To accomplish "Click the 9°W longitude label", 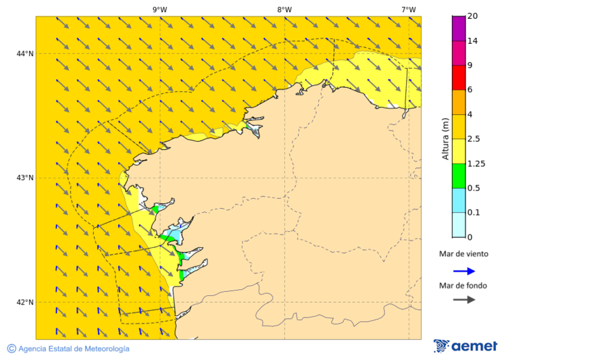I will pyautogui.click(x=159, y=9).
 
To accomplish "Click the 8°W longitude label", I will pyautogui.click(x=284, y=9).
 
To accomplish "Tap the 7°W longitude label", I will pyautogui.click(x=408, y=9).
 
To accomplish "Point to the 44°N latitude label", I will pyautogui.click(x=25, y=54).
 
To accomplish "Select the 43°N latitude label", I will pyautogui.click(x=25, y=178).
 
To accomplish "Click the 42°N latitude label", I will pyautogui.click(x=25, y=303).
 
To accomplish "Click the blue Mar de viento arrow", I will pyautogui.click(x=463, y=271).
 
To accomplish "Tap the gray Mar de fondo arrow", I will pyautogui.click(x=463, y=300).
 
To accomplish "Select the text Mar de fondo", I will pyautogui.click(x=463, y=285).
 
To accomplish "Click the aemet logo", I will pyautogui.click(x=465, y=346).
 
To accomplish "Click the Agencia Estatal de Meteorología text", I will pyautogui.click(x=74, y=349).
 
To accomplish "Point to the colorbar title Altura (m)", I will pyautogui.click(x=445, y=138).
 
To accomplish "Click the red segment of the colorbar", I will pyautogui.click(x=459, y=77).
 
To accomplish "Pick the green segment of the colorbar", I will pyautogui.click(x=459, y=176).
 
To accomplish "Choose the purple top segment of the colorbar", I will pyautogui.click(x=459, y=28).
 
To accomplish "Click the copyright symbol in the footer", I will pyautogui.click(x=11, y=349).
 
